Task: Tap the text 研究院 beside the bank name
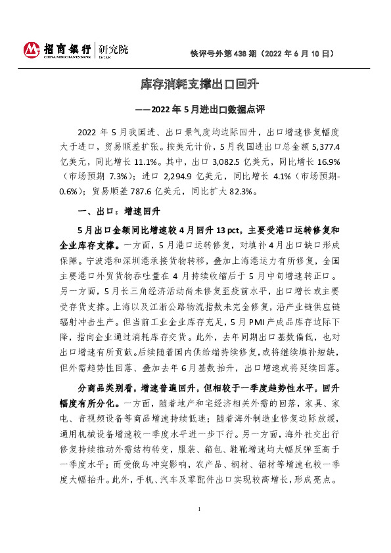(114, 49)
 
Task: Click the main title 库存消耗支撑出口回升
(195, 84)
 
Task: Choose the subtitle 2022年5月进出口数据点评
(202, 109)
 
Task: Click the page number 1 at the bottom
(198, 528)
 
